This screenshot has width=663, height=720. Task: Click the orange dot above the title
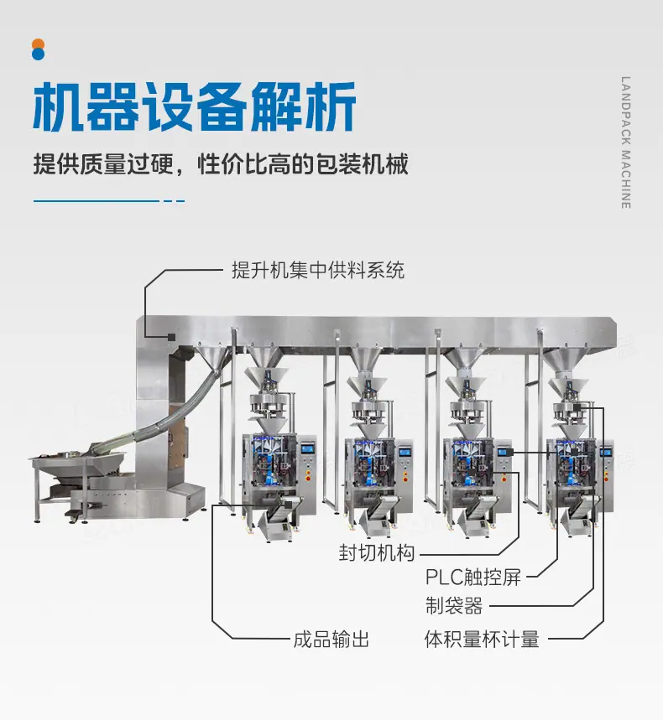click(38, 44)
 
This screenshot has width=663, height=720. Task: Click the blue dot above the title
click(38, 54)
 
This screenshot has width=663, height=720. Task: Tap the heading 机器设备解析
click(195, 106)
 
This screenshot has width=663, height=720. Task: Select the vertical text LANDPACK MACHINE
click(626, 142)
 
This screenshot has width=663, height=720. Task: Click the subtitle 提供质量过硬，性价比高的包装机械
click(221, 164)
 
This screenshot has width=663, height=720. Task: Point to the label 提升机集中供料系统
click(318, 270)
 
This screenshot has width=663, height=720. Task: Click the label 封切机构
click(377, 553)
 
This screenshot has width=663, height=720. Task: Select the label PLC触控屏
click(473, 578)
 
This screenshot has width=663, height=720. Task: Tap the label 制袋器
click(454, 606)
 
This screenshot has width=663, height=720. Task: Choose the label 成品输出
click(331, 640)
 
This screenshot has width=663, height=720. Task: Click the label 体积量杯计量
click(482, 640)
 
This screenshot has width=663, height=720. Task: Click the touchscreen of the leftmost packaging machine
click(306, 448)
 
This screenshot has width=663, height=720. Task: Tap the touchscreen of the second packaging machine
click(405, 452)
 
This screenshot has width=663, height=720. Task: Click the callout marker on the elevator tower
click(171, 337)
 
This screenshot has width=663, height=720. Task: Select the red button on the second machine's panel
click(405, 479)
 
